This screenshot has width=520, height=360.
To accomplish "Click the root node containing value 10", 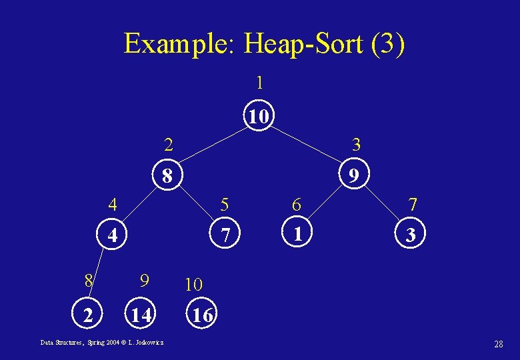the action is [x=259, y=117].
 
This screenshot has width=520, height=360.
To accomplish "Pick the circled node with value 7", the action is [x=226, y=235].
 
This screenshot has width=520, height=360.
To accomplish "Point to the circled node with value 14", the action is [x=140, y=315].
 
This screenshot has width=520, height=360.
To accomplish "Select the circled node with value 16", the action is [x=202, y=315].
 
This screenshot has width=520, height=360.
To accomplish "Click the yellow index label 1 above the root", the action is [x=259, y=83].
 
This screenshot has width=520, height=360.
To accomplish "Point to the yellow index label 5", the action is [x=225, y=203].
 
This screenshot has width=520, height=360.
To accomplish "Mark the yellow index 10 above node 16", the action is [x=193, y=285].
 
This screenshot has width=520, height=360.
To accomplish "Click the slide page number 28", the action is [x=498, y=344].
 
